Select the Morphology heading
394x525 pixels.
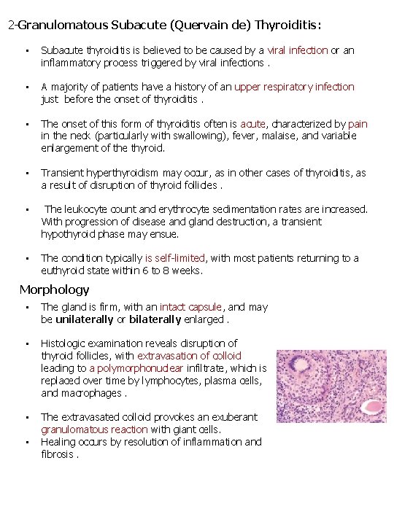(54, 289)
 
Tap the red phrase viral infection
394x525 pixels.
(298, 50)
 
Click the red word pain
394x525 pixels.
(358, 124)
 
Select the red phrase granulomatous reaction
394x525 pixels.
(94, 429)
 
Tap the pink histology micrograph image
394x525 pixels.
(333, 393)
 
